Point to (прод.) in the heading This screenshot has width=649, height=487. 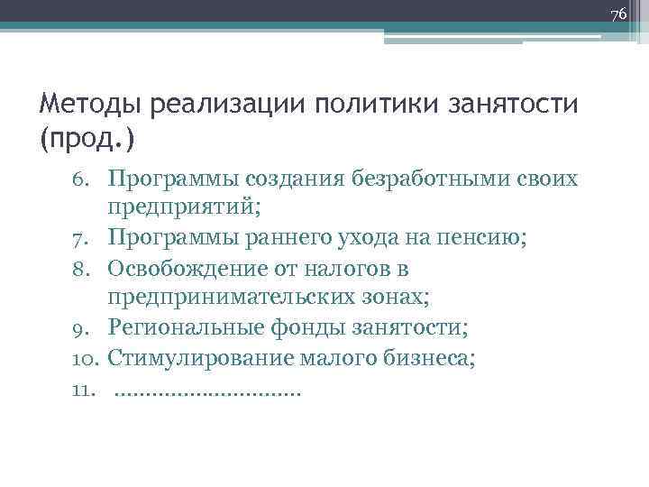tap(87, 140)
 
